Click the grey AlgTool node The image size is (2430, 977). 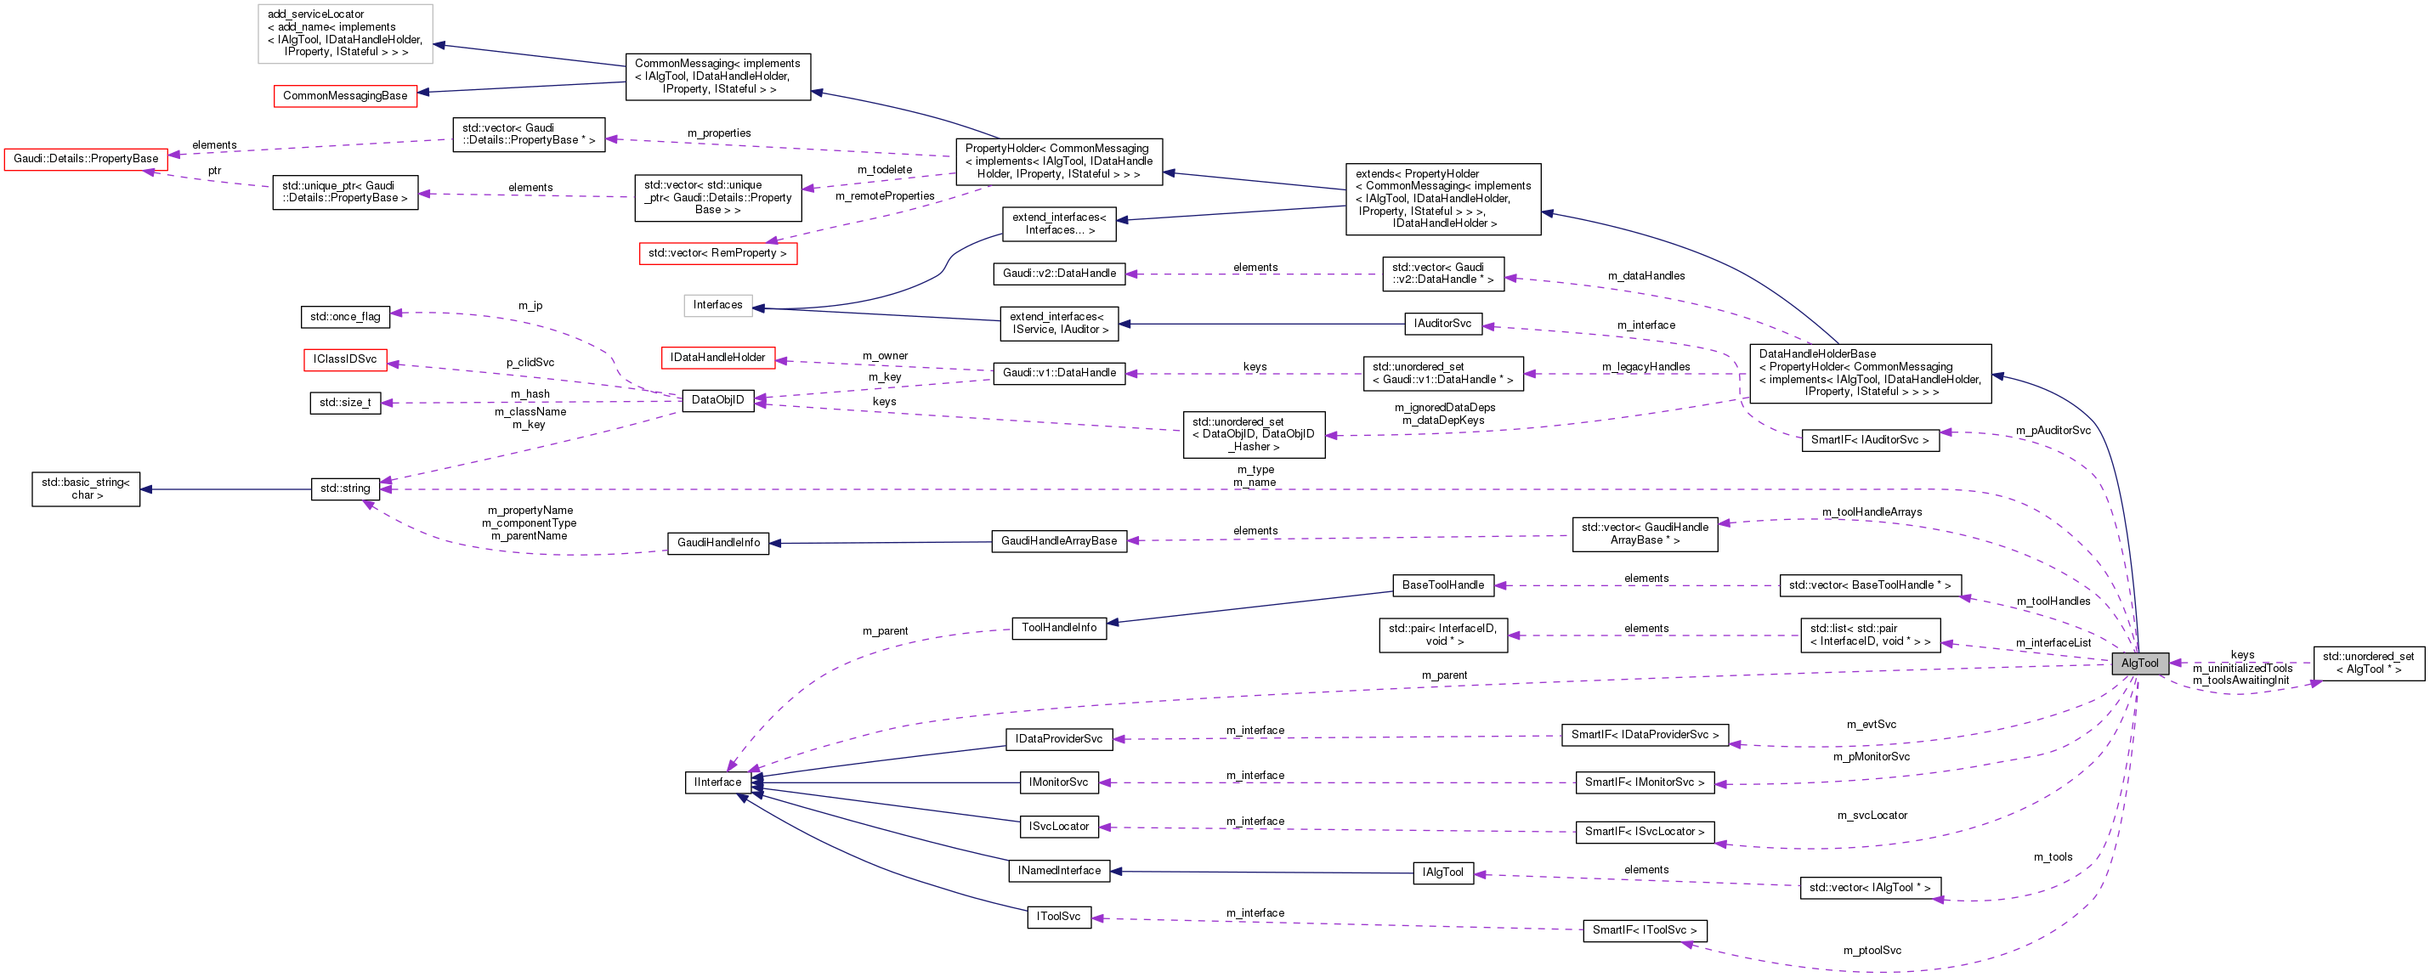click(2139, 663)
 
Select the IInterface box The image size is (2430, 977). click(718, 782)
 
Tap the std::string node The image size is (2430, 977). click(345, 488)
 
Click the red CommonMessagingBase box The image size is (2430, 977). click(345, 96)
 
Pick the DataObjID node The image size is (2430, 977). click(718, 401)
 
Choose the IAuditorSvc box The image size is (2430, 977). click(1442, 324)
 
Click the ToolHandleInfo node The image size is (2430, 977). click(1058, 628)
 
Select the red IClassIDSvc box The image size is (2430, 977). click(345, 359)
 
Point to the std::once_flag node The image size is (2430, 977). click(345, 317)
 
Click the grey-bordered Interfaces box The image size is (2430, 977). click(718, 305)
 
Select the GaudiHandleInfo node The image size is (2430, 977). click(718, 543)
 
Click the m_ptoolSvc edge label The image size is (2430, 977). click(1872, 951)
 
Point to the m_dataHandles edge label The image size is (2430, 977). click(1646, 276)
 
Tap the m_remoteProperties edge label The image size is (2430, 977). click(884, 196)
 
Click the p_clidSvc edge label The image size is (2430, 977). click(530, 363)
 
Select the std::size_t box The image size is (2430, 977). click(345, 403)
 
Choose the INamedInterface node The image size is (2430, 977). click(1058, 872)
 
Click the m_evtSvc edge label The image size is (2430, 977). click(1871, 726)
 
